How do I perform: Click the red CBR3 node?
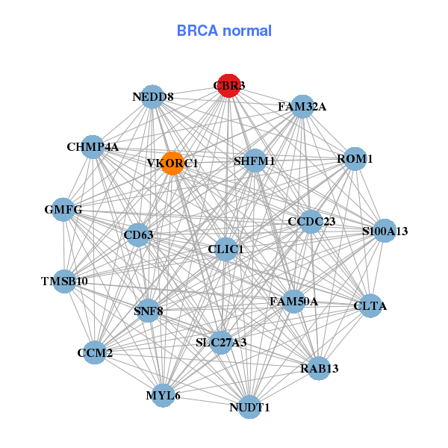point(228,86)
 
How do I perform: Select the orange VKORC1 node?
point(172,164)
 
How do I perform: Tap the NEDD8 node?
point(153,97)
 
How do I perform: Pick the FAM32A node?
point(302,107)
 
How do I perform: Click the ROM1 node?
point(355,159)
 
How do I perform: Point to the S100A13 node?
point(385,231)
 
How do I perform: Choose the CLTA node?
point(371,305)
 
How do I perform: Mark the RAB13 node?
point(320,368)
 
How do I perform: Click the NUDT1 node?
point(249,407)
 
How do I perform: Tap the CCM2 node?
point(95,352)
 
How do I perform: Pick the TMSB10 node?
point(65,281)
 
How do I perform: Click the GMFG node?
point(63,210)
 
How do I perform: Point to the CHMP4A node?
point(93,146)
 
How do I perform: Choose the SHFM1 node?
point(255,161)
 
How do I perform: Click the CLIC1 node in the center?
point(226,249)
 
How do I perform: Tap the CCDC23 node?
point(312,221)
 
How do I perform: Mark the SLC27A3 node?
point(221,342)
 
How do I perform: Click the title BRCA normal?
point(224,31)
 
